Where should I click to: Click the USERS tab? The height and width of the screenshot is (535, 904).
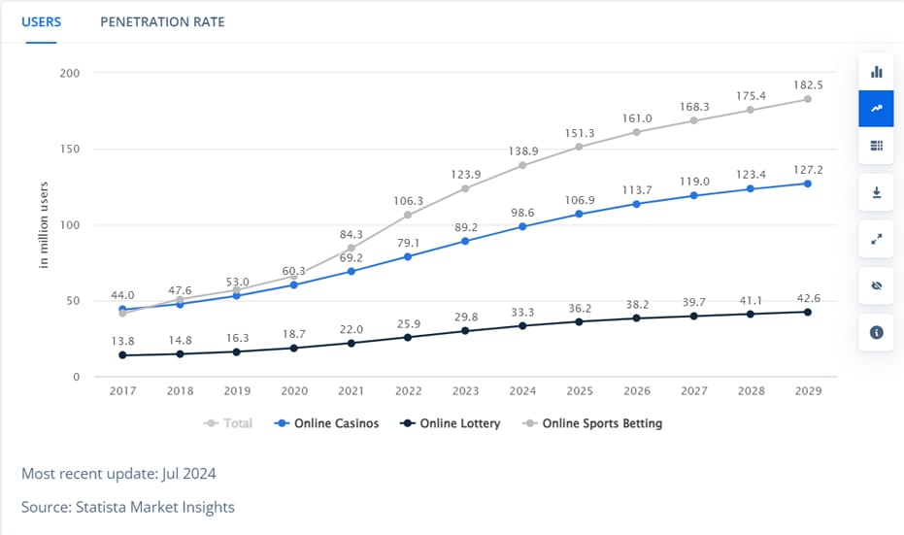[x=41, y=21]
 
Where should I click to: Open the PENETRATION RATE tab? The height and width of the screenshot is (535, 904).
[x=162, y=21]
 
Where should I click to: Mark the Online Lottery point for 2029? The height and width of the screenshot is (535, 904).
[x=807, y=312]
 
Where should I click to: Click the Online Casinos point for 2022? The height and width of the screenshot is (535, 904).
[x=408, y=256]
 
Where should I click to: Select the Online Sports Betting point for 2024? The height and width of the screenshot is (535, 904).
[x=522, y=165]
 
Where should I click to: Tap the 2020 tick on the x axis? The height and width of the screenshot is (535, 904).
[x=294, y=391]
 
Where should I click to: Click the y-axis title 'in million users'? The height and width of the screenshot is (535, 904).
[x=45, y=225]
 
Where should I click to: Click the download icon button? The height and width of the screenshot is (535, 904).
[x=876, y=193]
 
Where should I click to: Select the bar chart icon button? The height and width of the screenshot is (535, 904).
[x=876, y=72]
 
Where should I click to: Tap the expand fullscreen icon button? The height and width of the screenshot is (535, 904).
[x=876, y=240]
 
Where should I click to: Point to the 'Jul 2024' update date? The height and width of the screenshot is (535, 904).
[x=187, y=474]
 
